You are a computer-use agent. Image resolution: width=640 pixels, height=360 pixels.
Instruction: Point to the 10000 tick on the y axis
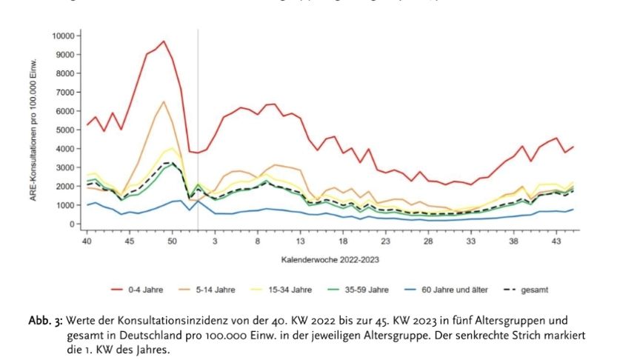[x=66, y=36]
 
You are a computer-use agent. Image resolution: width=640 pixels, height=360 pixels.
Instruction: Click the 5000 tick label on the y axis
[x=68, y=130]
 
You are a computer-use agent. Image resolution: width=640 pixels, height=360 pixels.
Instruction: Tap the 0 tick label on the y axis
[x=76, y=224]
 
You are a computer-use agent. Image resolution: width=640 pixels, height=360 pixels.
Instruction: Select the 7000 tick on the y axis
[x=68, y=92]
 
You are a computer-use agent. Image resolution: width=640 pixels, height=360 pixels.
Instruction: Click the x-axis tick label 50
[x=172, y=241]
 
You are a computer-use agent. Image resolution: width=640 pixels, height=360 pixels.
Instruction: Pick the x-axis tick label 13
[x=301, y=241]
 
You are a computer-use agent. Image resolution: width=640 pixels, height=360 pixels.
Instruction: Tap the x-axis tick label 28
[x=428, y=241]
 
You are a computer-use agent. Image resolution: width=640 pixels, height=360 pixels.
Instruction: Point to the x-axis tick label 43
[x=556, y=241]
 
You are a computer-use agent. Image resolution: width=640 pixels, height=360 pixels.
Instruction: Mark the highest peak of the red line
[x=164, y=41]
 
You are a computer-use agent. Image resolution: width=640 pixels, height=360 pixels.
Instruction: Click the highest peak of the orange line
[x=164, y=101]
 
